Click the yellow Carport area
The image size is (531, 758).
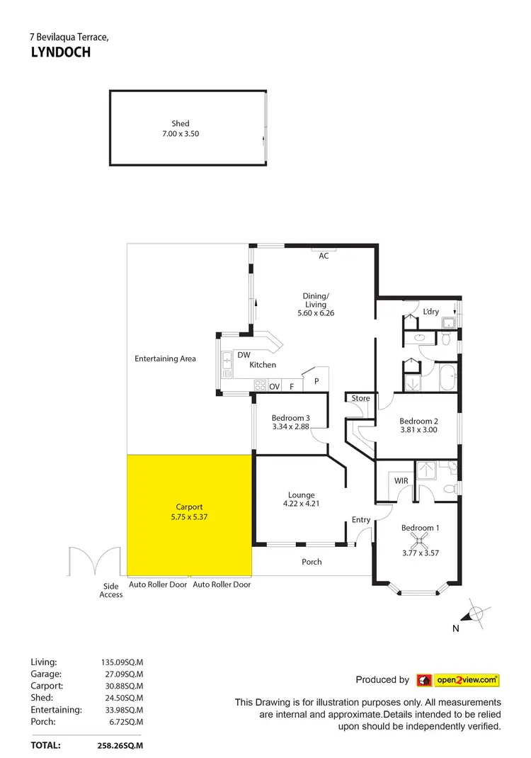pyautogui.click(x=189, y=514)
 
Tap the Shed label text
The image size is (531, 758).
pyautogui.click(x=181, y=123)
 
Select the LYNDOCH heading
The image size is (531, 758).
pyautogui.click(x=61, y=52)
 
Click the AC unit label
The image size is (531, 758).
pyautogui.click(x=324, y=256)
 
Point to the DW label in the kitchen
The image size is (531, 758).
pyautogui.click(x=244, y=355)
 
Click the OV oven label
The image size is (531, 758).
pyautogui.click(x=275, y=387)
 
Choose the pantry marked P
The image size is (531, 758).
pyautogui.click(x=316, y=381)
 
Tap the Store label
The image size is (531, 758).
pyautogui.click(x=360, y=398)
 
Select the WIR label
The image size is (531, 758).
pyautogui.click(x=401, y=481)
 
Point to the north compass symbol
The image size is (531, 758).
pyautogui.click(x=476, y=613)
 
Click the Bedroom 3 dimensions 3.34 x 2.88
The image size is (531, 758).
pyautogui.click(x=290, y=426)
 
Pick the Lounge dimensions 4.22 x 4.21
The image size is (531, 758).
pyautogui.click(x=301, y=504)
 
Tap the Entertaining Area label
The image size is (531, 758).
pyautogui.click(x=165, y=358)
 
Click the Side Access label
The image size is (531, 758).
pyautogui.click(x=111, y=590)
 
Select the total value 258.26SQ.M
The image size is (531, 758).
pyautogui.click(x=120, y=745)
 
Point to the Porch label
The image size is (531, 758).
pyautogui.click(x=312, y=562)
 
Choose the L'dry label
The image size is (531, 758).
pyautogui.click(x=431, y=312)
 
